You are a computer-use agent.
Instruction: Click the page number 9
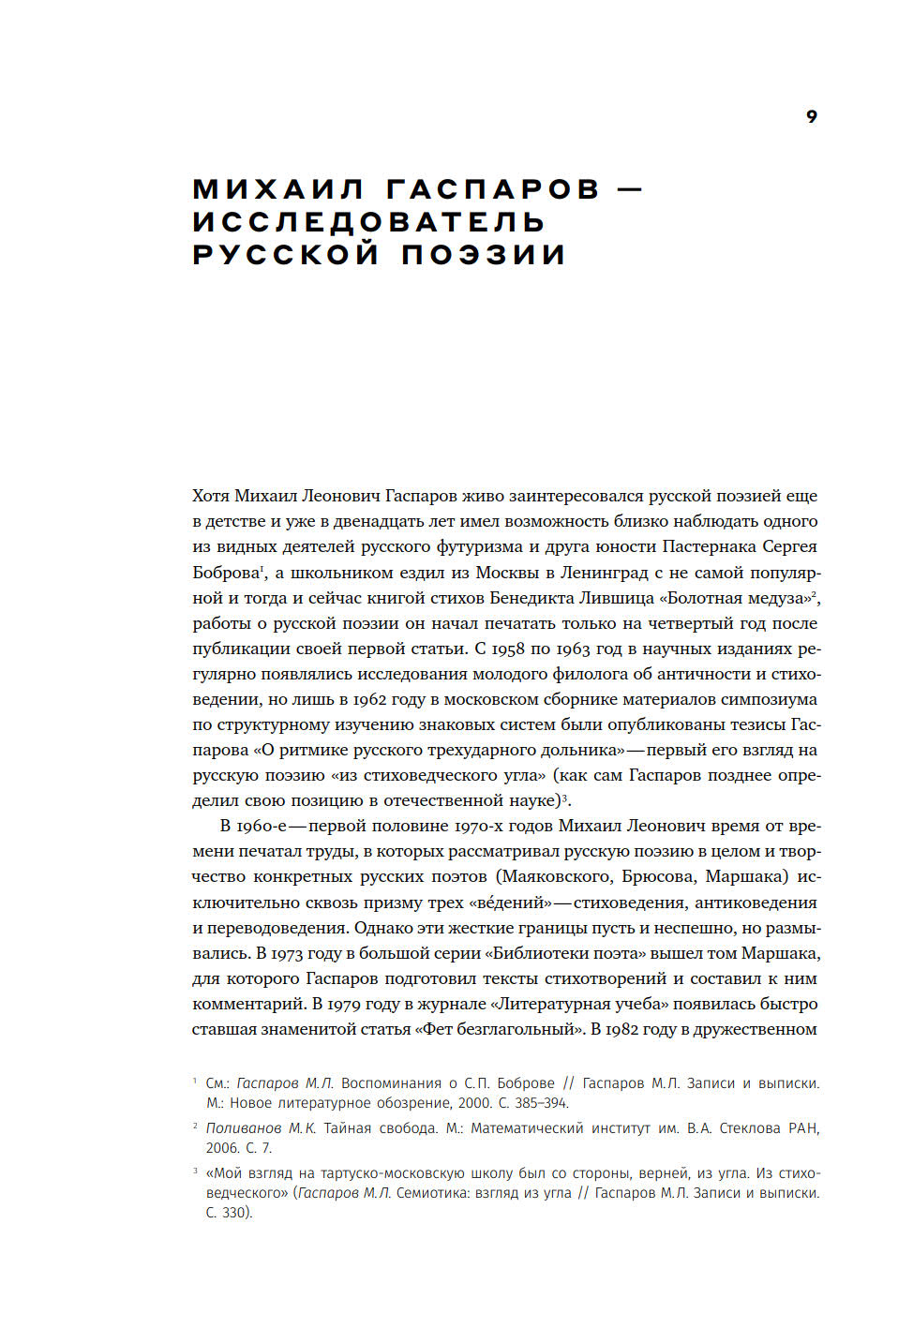tap(811, 116)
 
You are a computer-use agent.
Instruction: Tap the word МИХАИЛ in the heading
tap(278, 189)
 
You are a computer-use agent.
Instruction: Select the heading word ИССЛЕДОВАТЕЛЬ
tap(368, 222)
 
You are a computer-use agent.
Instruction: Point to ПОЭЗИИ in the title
tap(484, 255)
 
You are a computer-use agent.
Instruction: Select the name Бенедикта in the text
tap(537, 598)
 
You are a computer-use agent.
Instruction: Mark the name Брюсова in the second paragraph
tap(660, 876)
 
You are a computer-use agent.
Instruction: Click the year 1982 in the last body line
tap(621, 1029)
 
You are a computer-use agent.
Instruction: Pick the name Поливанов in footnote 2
tap(244, 1128)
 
